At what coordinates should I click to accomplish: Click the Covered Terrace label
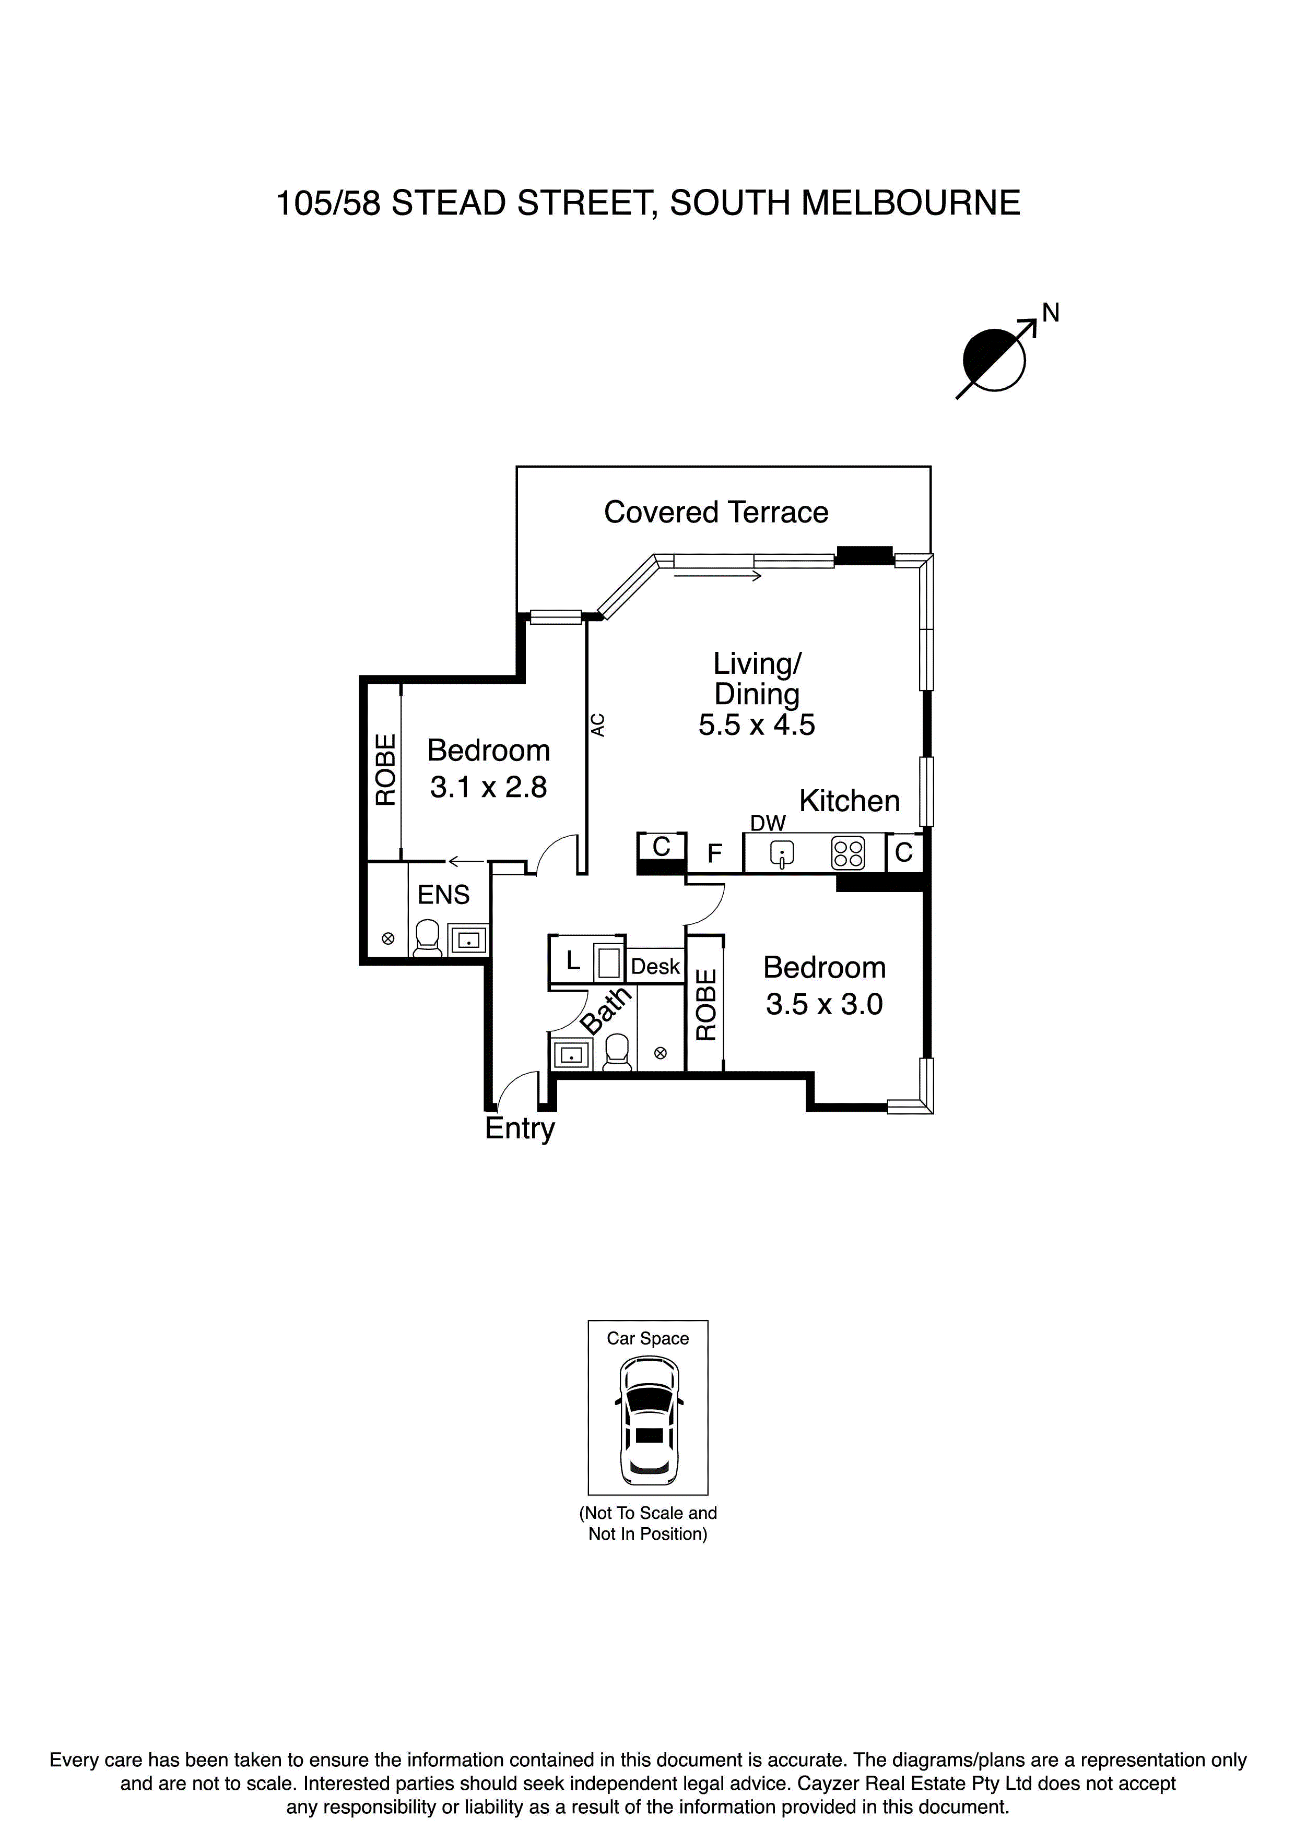[x=716, y=512]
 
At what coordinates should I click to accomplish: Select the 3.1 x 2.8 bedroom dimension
[x=488, y=787]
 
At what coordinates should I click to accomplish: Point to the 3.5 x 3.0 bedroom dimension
[x=824, y=1003]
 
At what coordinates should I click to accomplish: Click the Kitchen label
[x=849, y=801]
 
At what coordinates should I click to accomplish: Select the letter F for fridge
[x=714, y=854]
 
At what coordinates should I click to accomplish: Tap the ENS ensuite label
[x=444, y=895]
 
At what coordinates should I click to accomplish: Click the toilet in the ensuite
[x=428, y=938]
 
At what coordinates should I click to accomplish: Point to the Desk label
[x=655, y=967]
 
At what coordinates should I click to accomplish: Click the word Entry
[x=520, y=1128]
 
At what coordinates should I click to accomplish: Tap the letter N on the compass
[x=1050, y=313]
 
